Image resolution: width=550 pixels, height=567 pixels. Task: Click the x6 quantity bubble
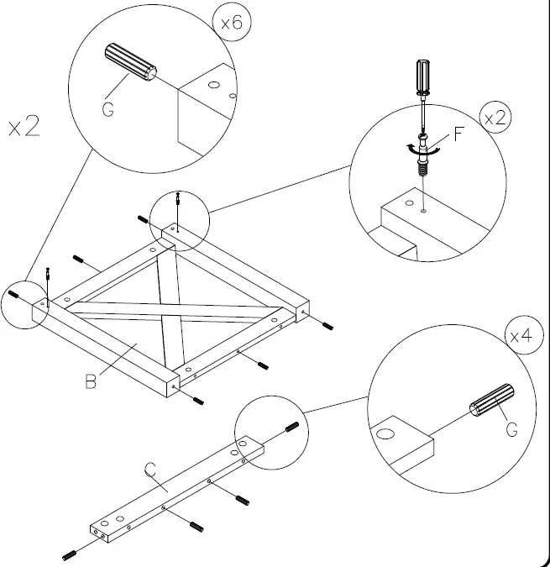(x=231, y=24)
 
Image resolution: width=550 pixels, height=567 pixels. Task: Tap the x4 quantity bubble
(x=521, y=336)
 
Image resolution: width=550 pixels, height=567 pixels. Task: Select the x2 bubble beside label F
(x=495, y=118)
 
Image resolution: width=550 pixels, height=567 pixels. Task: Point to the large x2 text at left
(x=24, y=128)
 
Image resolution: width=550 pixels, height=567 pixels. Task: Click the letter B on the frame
(x=92, y=382)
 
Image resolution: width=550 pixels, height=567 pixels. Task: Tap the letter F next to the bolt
(x=459, y=134)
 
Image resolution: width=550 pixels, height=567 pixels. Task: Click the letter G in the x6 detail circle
(x=108, y=108)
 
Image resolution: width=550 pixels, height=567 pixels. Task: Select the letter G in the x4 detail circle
(x=511, y=429)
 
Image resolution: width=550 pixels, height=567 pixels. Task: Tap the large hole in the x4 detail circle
(x=386, y=434)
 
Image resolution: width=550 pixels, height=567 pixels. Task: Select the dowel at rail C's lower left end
(x=70, y=554)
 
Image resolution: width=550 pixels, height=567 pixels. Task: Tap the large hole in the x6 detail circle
(x=213, y=85)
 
